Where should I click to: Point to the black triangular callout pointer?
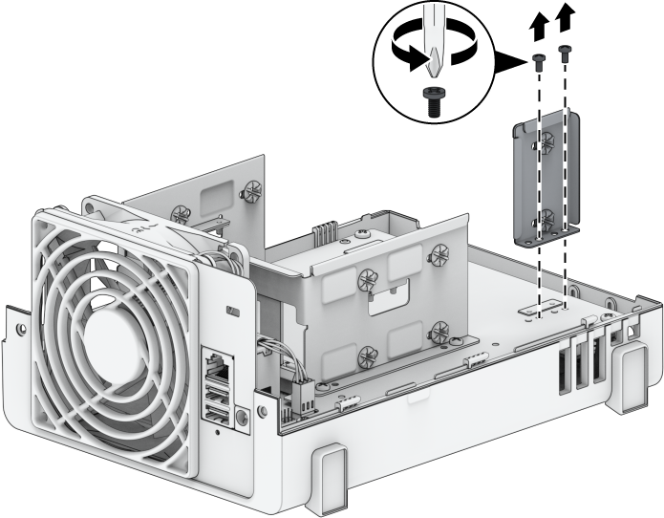(x=509, y=65)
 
